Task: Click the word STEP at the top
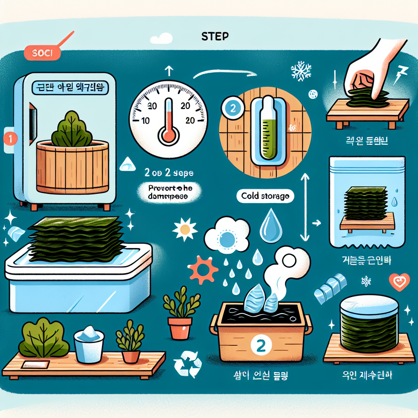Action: (215, 36)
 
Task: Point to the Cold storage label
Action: (265, 196)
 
